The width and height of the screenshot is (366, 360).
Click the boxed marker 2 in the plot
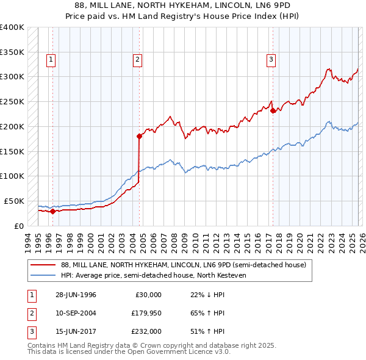tap(137, 59)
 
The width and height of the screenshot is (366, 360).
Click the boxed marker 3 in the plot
tap(270, 59)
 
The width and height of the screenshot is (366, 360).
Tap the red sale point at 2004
tap(140, 136)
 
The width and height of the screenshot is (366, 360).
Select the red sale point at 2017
tap(273, 110)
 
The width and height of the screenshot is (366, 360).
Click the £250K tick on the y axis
tap(12, 101)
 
